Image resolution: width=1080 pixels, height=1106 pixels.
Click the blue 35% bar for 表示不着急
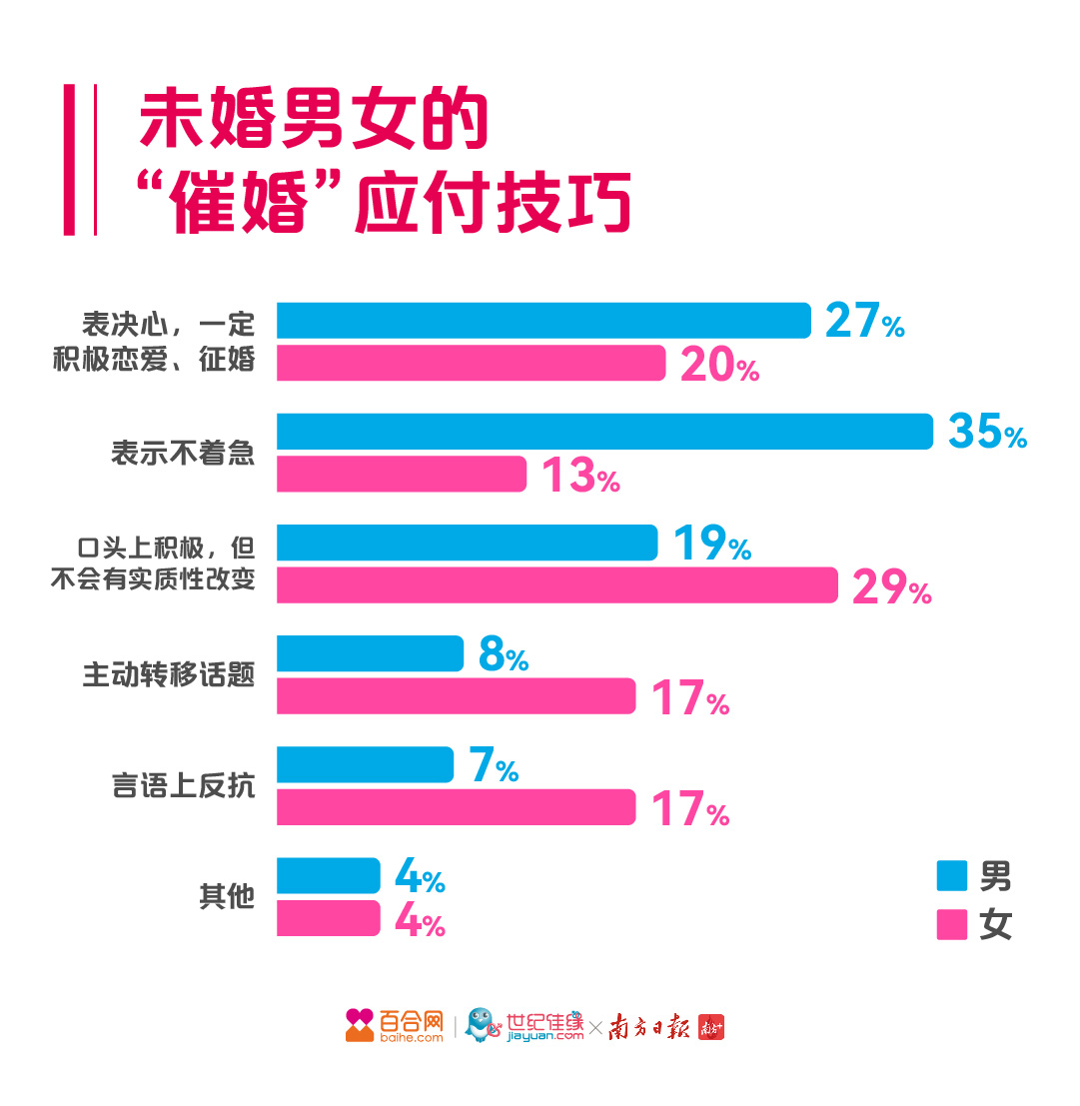click(x=604, y=432)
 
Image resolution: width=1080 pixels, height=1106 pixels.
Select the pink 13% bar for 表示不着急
click(x=401, y=474)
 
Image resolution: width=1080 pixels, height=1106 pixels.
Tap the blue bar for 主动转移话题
click(x=370, y=653)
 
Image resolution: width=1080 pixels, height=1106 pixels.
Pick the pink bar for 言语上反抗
click(x=456, y=807)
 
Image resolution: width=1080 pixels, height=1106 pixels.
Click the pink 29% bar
click(x=556, y=585)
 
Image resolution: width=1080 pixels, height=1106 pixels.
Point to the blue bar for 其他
click(x=328, y=875)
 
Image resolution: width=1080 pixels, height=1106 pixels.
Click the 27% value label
click(x=864, y=322)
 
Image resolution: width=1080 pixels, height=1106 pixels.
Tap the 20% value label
click(x=719, y=366)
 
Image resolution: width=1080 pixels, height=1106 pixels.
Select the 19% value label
click(x=711, y=544)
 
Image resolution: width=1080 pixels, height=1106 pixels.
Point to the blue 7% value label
click(x=493, y=766)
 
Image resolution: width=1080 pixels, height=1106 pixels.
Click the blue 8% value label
click(x=503, y=655)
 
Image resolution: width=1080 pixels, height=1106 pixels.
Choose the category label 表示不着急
click(x=183, y=454)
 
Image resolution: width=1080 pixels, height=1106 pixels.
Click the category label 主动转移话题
click(x=169, y=675)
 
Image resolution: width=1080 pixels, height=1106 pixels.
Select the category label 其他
click(x=227, y=897)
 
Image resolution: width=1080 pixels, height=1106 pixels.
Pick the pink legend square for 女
click(x=951, y=924)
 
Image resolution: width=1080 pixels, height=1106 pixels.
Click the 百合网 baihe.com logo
click(x=394, y=1026)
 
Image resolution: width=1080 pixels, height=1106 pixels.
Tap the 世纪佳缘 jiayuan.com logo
click(x=526, y=1026)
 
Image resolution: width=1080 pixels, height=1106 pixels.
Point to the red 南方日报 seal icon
click(x=710, y=1027)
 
